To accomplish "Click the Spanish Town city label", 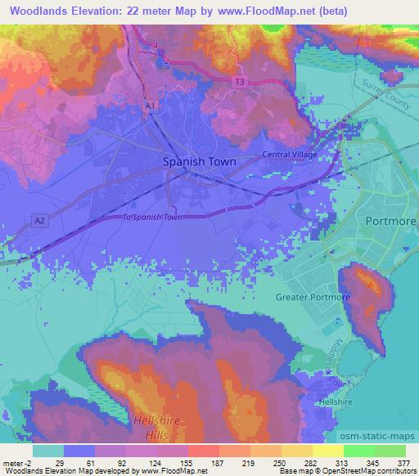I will [x=200, y=162].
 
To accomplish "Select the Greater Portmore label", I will [x=313, y=297].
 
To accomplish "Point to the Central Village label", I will [x=289, y=154].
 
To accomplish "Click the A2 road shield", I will [x=39, y=220].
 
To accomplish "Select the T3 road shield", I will [x=239, y=83].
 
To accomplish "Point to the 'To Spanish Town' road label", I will [x=151, y=217].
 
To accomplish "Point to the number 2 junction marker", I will [x=167, y=61].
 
